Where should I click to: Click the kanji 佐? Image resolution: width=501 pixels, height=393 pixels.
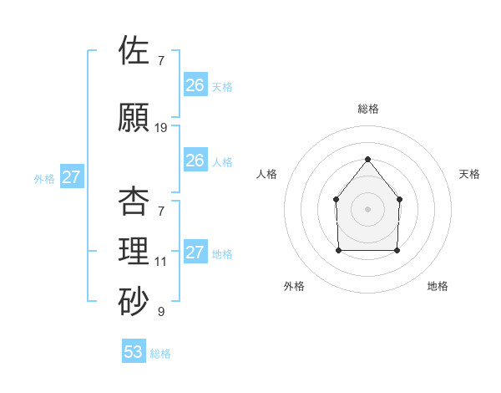(134, 50)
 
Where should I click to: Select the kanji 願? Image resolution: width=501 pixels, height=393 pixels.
(134, 117)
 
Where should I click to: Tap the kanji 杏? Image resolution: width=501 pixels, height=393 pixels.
(134, 201)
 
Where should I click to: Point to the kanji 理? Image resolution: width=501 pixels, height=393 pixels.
(134, 252)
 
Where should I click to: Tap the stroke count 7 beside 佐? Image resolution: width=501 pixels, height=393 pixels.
(160, 61)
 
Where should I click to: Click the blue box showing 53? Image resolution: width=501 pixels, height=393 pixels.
(134, 352)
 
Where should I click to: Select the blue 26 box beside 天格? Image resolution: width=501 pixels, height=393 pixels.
(195, 84)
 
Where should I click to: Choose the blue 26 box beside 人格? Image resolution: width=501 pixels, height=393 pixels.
(195, 160)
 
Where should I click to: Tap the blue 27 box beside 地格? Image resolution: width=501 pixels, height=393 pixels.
(195, 253)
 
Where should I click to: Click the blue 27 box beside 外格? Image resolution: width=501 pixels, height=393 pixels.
(72, 177)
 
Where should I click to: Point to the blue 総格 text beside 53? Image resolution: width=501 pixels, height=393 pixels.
(160, 353)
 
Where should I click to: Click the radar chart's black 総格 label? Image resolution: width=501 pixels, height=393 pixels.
(367, 109)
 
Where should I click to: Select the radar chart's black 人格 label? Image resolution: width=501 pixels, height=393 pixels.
(267, 174)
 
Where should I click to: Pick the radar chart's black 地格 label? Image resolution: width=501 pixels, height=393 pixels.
(438, 286)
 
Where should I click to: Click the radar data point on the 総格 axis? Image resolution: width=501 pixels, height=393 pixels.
(367, 159)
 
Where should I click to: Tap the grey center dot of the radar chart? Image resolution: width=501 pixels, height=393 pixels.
(367, 208)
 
